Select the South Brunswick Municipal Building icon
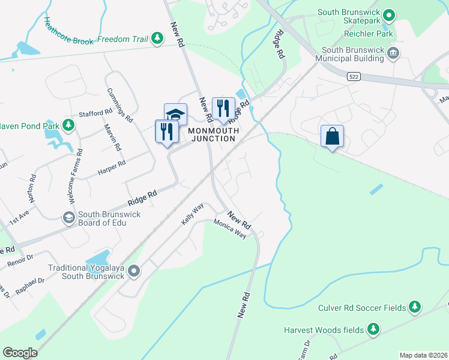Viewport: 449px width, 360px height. tap(394, 53)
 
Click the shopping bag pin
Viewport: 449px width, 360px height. tap(333, 136)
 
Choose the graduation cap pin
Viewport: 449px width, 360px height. tap(175, 114)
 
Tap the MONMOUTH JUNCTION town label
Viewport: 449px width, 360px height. tap(211, 134)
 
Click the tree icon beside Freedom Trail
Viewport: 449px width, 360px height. tap(157, 39)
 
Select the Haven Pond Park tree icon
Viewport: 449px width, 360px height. tap(69, 124)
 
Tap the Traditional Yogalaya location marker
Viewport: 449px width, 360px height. tap(133, 271)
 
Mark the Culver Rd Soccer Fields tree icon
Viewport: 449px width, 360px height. tap(414, 308)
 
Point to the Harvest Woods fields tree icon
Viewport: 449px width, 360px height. tap(373, 329)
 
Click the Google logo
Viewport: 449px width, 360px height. tap(20, 353)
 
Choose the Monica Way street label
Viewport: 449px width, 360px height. tap(231, 229)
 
